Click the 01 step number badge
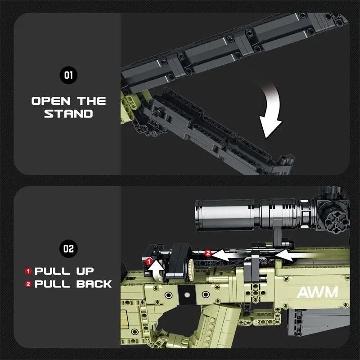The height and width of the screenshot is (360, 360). tap(68, 75)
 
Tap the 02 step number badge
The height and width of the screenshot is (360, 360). tap(68, 248)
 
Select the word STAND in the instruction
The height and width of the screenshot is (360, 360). tap(68, 114)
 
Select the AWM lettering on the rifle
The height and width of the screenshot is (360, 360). tap(317, 292)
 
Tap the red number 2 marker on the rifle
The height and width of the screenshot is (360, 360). tap(208, 253)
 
